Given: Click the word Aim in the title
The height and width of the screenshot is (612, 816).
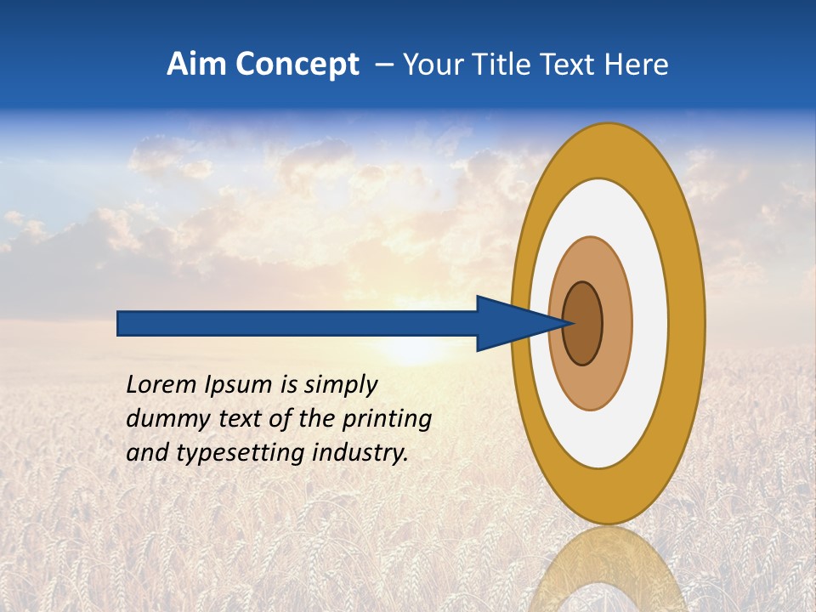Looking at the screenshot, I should (195, 65).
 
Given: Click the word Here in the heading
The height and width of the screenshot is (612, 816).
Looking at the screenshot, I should (635, 65).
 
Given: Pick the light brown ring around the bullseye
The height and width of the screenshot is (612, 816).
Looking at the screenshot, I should (616, 324).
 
